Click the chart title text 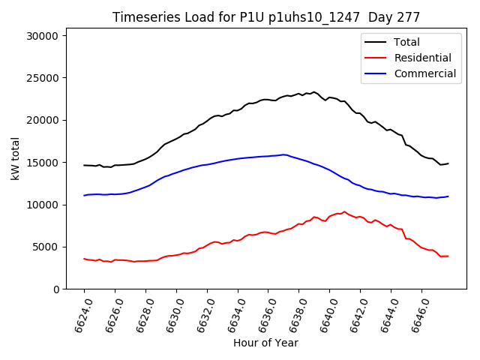tap(266, 16)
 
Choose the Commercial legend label tap(425, 73)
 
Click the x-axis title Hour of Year tap(265, 343)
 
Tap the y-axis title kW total tap(15, 162)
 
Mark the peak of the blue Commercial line tap(283, 154)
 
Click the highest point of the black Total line tap(313, 91)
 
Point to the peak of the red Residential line tap(344, 211)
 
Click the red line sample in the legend tap(376, 58)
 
